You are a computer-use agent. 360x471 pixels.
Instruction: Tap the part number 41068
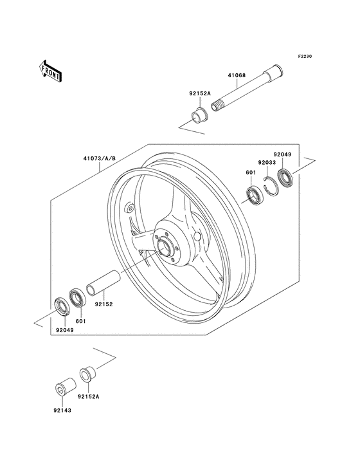237,75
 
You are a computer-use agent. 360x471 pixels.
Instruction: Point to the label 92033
267,163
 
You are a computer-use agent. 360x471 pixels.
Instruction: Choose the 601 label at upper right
250,172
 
